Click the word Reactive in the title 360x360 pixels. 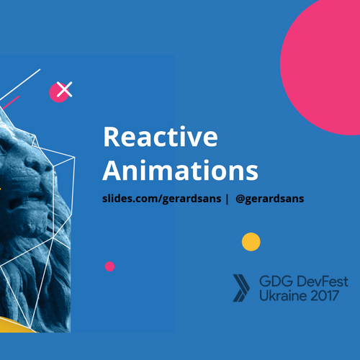pyautogui.click(x=159, y=138)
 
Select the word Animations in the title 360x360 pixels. pyautogui.click(x=180, y=171)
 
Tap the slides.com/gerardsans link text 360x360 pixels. pyautogui.click(x=161, y=198)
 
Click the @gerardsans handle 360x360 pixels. pyautogui.click(x=270, y=198)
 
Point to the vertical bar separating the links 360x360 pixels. pyautogui.click(x=228, y=198)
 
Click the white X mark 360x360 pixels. pyautogui.click(x=65, y=90)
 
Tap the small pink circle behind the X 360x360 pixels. pyautogui.click(x=56, y=93)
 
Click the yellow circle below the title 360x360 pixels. pyautogui.click(x=251, y=242)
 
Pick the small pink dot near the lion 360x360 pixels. pyautogui.click(x=109, y=266)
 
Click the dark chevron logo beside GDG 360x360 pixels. pyautogui.click(x=240, y=287)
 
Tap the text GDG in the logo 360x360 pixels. pyautogui.click(x=272, y=281)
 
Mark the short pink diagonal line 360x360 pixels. pyautogui.click(x=10, y=102)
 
